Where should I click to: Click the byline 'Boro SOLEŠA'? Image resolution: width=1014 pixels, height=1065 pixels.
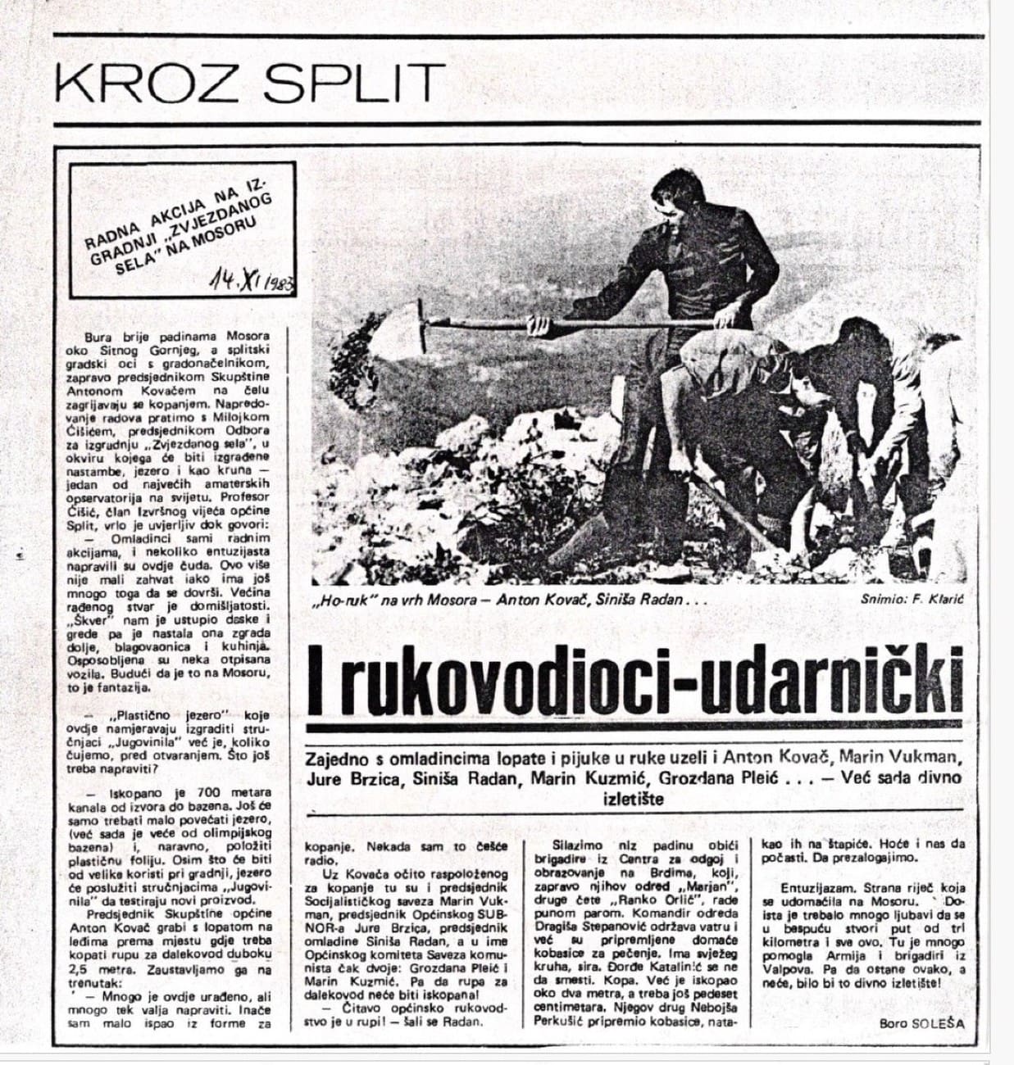pos(921,1023)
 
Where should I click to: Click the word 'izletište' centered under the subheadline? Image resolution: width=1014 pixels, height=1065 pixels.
pos(634,799)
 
